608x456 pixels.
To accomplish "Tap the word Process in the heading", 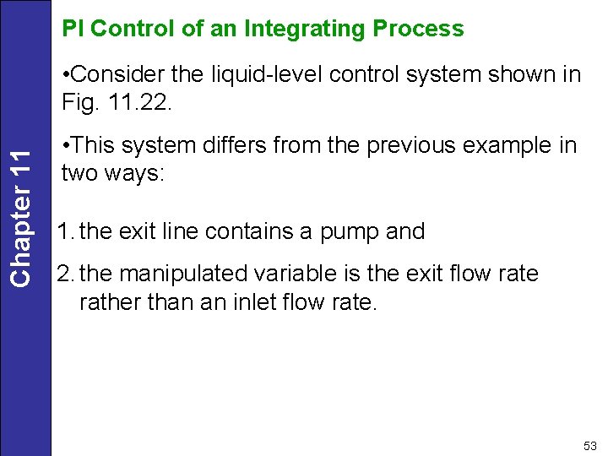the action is (418, 29).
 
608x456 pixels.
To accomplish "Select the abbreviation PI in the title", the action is (73, 29).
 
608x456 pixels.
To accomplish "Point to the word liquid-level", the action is (269, 74).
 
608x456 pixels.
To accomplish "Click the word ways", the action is (137, 173).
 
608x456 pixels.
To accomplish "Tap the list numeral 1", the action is (62, 231).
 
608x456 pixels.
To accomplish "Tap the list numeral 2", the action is (63, 274).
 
